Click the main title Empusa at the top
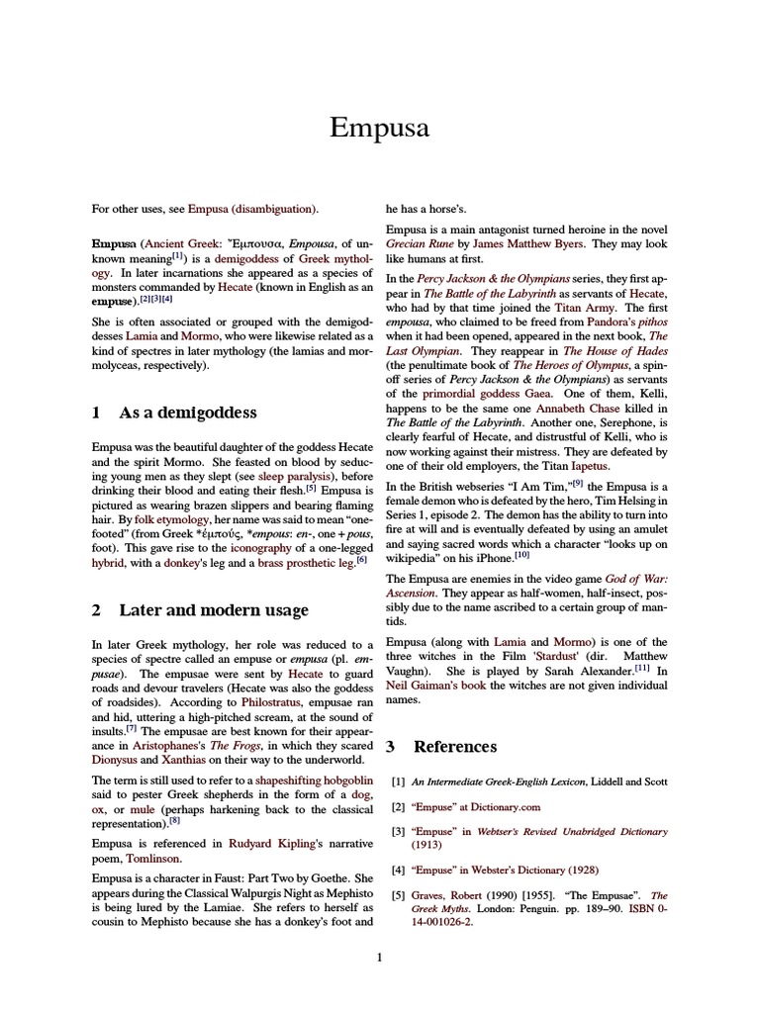pyautogui.click(x=380, y=130)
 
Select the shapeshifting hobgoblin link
pyautogui.click(x=313, y=781)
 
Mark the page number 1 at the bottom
pyautogui.click(x=380, y=957)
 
